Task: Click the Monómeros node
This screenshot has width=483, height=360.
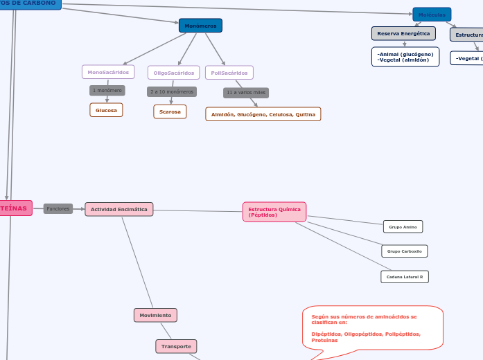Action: [200, 26]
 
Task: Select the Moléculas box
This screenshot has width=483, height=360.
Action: [432, 15]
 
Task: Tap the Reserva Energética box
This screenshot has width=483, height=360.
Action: [403, 33]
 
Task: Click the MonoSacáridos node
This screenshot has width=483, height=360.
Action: [108, 72]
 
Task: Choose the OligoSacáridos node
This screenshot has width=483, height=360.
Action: [173, 73]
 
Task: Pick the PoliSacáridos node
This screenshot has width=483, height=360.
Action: [229, 73]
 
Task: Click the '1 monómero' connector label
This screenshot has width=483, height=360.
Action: [107, 91]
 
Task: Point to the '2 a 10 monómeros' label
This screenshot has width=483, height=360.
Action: [172, 91]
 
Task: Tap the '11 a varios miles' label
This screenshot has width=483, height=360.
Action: [246, 92]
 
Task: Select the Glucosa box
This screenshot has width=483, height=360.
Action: [106, 110]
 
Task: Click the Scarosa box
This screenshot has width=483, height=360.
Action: [170, 111]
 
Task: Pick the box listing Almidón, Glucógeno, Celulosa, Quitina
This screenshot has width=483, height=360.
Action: [263, 114]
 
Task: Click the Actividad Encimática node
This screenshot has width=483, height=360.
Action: [119, 209]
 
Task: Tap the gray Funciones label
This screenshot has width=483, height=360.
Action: [58, 208]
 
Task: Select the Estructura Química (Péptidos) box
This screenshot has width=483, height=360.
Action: [274, 212]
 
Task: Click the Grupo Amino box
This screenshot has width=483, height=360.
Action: [403, 227]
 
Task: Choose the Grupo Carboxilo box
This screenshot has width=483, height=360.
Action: [404, 251]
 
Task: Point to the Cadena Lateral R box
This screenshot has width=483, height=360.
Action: [405, 277]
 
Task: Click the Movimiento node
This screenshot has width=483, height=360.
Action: [155, 315]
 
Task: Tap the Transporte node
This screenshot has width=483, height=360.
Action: [176, 346]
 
